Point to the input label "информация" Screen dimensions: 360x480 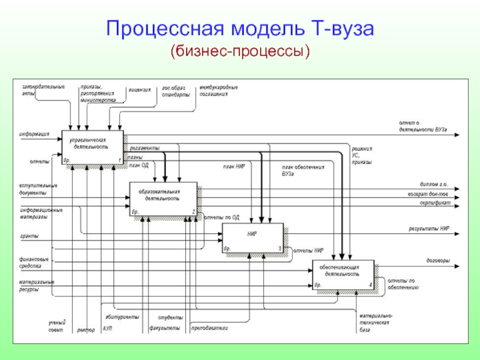coord(34,134)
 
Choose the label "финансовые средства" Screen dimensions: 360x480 coord(34,262)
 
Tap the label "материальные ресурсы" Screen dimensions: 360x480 coord(36,285)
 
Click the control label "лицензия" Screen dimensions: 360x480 coord(139,89)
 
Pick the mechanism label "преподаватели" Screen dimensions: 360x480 coord(209,329)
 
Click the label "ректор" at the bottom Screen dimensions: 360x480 coord(86,330)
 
